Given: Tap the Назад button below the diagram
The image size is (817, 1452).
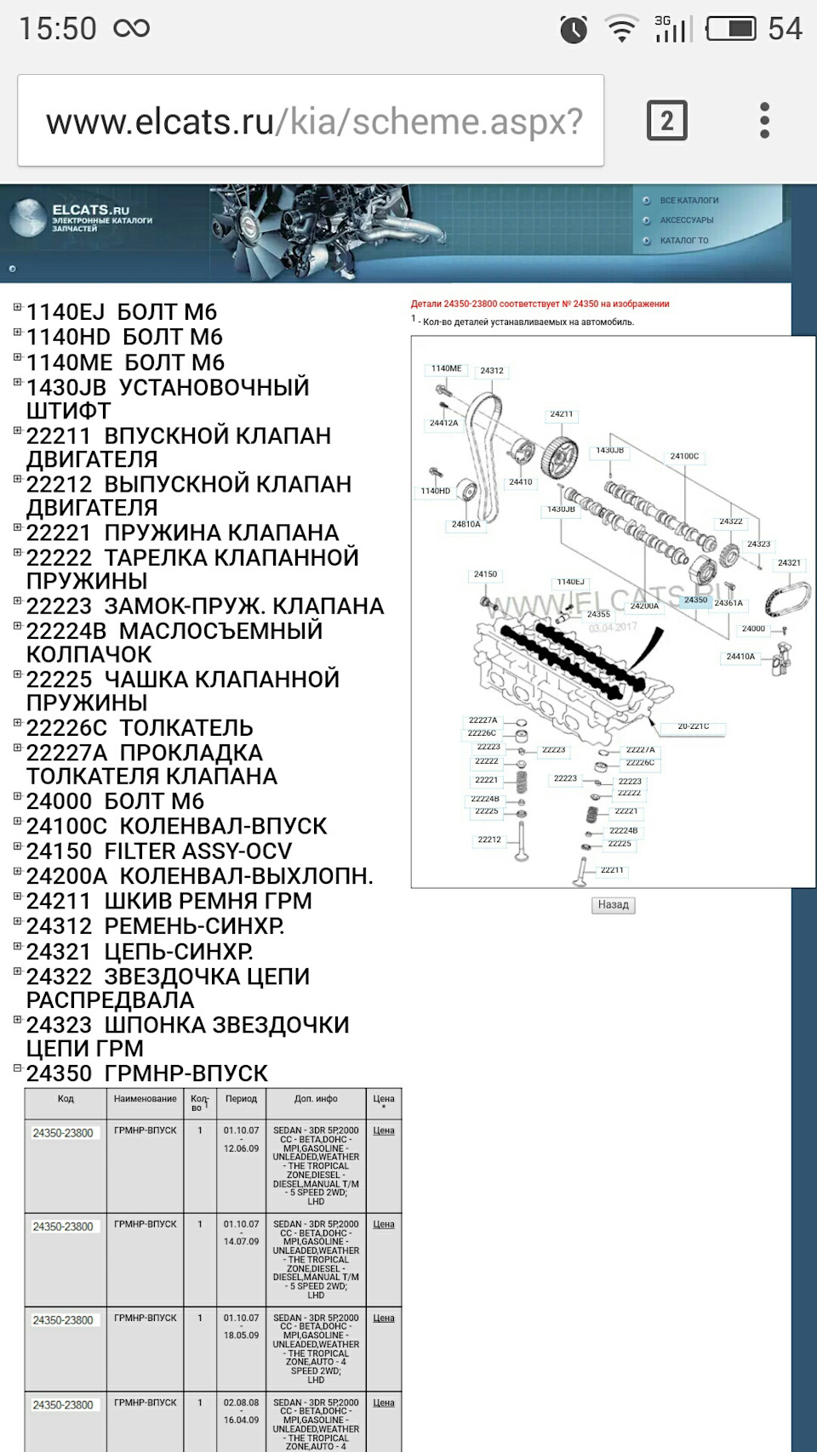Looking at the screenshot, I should (613, 905).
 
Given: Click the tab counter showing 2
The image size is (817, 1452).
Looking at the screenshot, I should (666, 121).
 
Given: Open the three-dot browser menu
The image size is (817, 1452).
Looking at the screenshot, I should (764, 121).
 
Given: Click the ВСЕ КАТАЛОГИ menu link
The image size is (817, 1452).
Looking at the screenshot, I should (688, 201).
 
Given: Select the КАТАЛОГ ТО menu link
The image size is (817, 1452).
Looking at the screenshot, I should (683, 241).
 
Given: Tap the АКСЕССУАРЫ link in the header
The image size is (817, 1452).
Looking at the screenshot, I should (686, 220).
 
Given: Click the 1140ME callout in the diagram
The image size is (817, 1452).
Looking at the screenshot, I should (446, 369).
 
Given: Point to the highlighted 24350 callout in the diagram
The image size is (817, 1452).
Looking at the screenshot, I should (695, 601).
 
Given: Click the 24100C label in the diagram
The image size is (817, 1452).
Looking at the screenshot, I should (684, 457).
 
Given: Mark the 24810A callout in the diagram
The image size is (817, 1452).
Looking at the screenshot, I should (466, 525).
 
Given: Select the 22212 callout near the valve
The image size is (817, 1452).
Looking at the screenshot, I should (489, 840).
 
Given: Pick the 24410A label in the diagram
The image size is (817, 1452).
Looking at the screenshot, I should (740, 657).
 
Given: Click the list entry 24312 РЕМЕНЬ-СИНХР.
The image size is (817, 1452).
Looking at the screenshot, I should (155, 926).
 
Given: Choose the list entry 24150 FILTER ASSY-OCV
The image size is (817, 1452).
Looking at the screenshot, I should (159, 851).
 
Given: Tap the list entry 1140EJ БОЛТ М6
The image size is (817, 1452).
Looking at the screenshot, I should (122, 312).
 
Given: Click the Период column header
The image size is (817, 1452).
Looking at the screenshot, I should (241, 1099).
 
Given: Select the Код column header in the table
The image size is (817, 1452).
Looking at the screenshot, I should (66, 1099).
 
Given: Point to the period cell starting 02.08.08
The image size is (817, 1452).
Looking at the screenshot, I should (241, 1411).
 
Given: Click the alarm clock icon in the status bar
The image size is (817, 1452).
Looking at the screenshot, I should (574, 30).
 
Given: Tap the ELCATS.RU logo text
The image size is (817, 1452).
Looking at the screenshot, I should (91, 210).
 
